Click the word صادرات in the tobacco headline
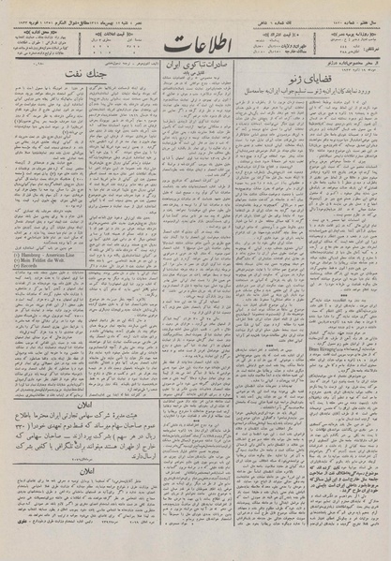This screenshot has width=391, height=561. tap(224, 79)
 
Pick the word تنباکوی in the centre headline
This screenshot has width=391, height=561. tap(198, 79)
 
